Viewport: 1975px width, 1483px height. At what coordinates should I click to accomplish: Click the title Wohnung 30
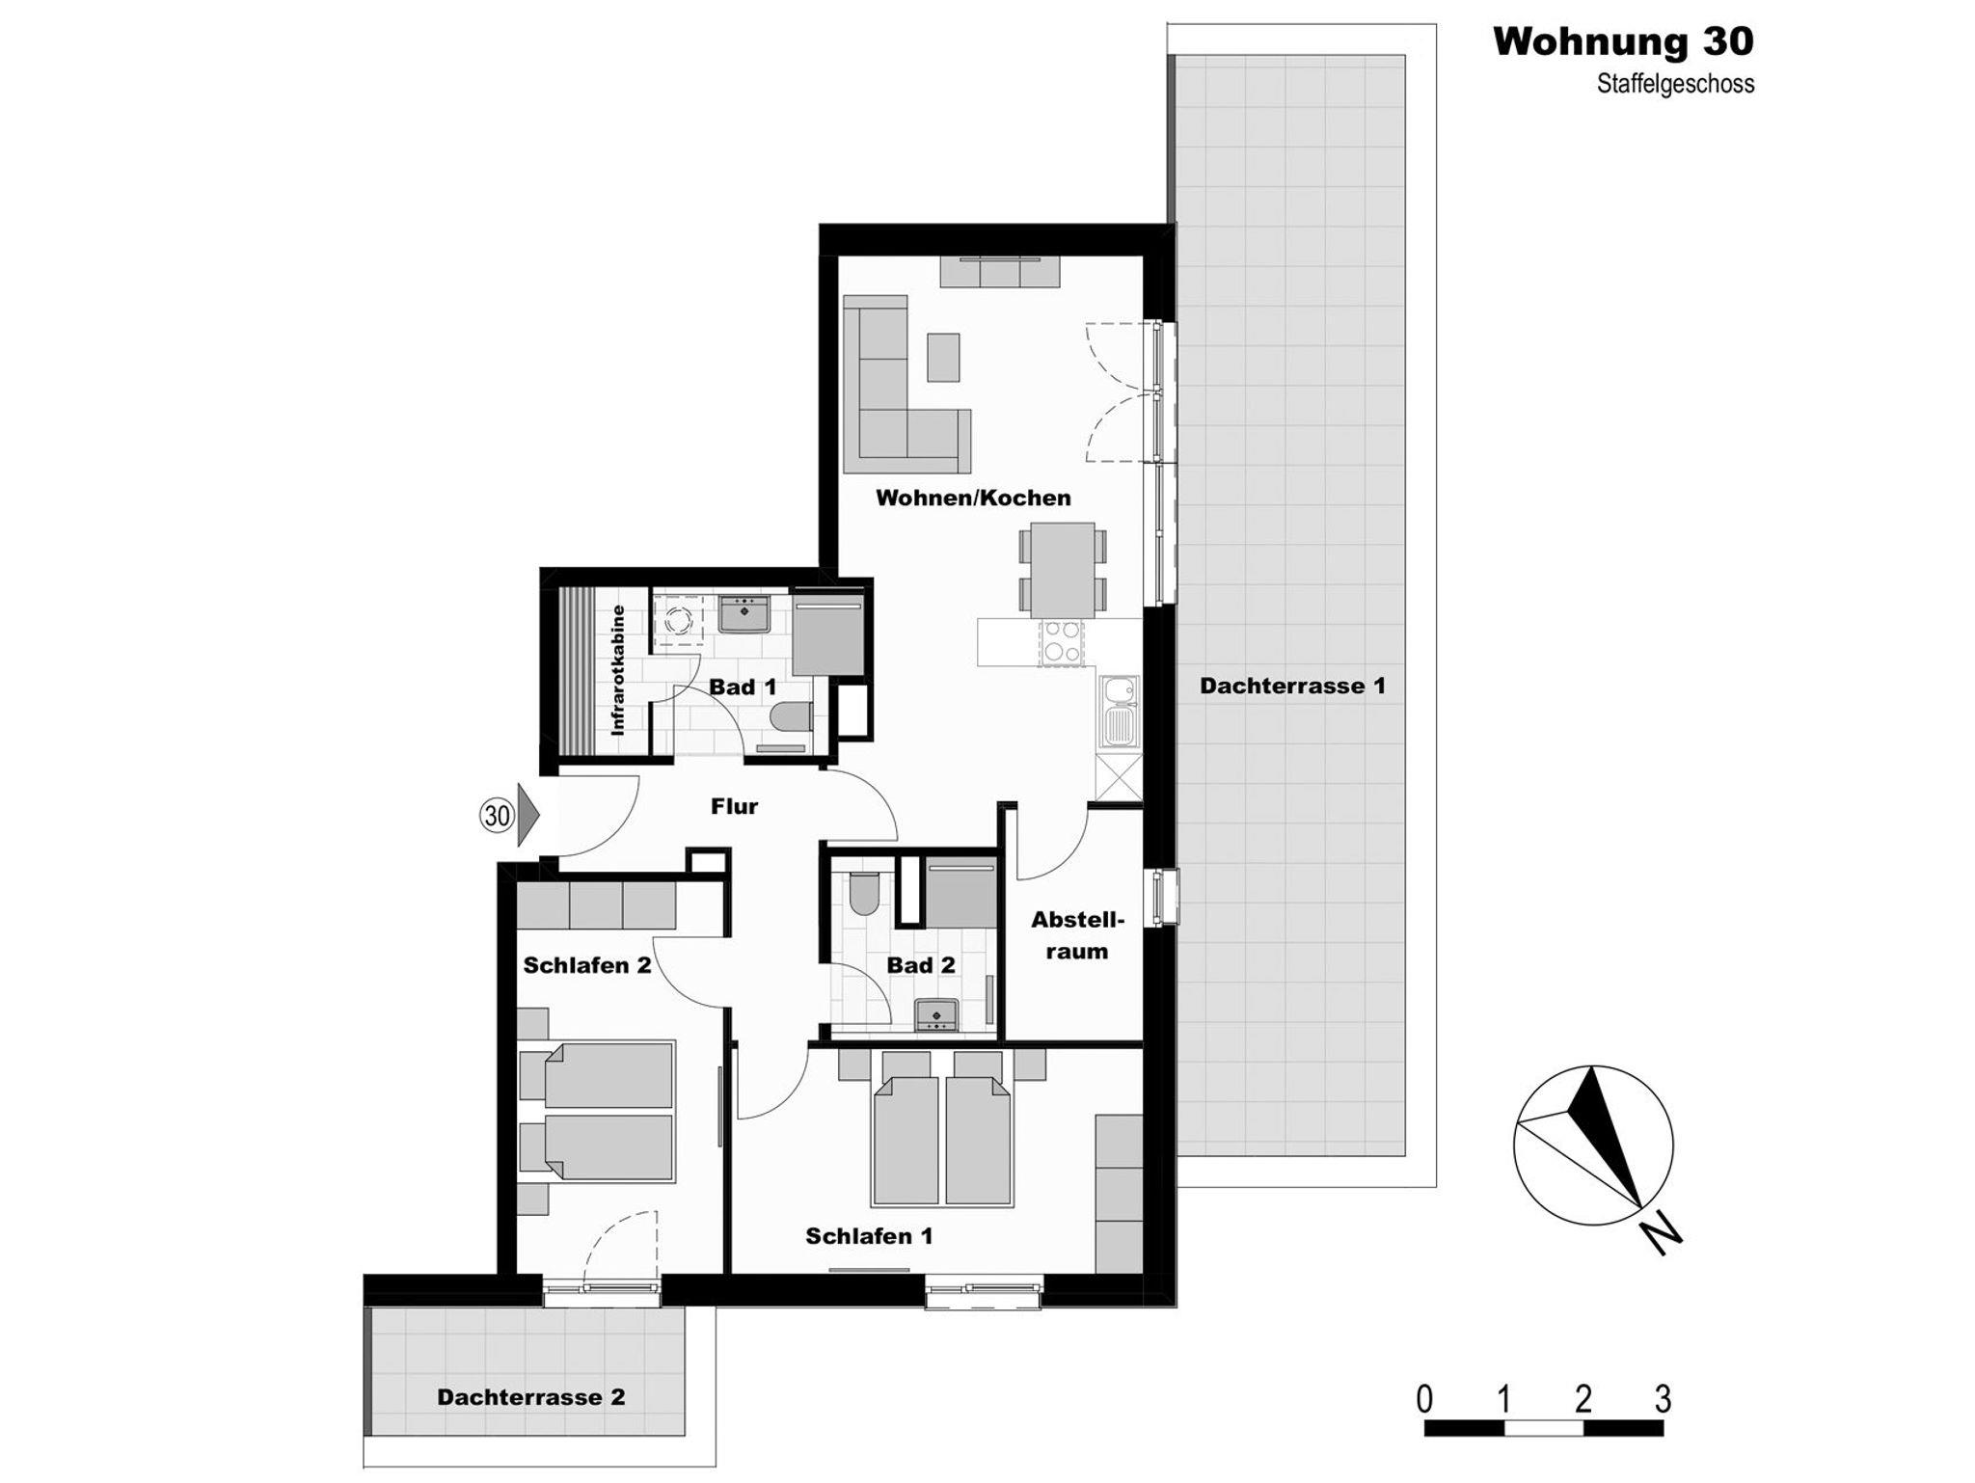pos(1623,41)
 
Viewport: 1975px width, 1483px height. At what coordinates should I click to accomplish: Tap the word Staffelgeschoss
pos(1675,84)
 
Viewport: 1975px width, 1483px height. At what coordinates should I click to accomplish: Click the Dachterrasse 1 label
pos(1292,686)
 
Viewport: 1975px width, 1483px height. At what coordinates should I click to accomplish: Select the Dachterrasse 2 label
pos(530,1397)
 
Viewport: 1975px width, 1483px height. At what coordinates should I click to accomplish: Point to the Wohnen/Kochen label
pos(973,498)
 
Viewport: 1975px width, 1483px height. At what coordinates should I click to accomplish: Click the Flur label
pos(735,806)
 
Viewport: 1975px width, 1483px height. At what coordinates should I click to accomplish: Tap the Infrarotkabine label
pos(618,670)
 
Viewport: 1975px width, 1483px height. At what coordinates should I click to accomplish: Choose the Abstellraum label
pos(1077,935)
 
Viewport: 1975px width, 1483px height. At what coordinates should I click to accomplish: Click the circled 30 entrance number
pos(497,816)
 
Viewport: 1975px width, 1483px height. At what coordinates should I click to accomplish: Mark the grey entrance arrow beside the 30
pos(528,815)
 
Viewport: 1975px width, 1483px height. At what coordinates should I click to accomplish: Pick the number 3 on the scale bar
pos(1663,1399)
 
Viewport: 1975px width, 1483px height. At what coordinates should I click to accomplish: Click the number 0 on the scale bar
pos(1424,1399)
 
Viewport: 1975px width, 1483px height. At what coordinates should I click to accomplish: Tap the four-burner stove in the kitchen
pos(1061,642)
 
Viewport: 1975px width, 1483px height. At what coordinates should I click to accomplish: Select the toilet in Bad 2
pos(863,893)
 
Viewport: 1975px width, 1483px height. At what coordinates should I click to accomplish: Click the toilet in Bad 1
pos(793,717)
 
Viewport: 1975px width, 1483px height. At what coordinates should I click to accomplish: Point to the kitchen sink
pos(1120,712)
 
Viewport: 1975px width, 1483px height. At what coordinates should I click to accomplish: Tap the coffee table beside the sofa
pos(944,357)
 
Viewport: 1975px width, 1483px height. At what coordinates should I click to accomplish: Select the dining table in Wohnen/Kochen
pos(1063,570)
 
